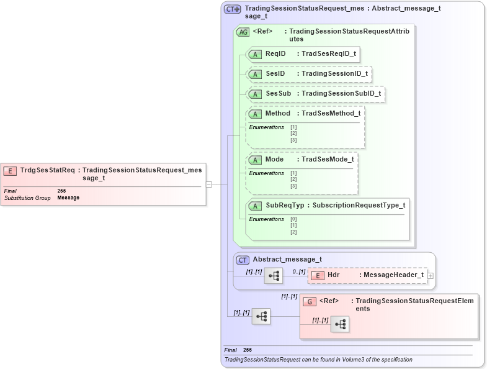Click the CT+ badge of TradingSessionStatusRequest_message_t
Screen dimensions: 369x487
click(233, 9)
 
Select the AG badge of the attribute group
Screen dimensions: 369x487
click(243, 32)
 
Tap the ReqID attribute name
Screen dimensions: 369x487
click(275, 54)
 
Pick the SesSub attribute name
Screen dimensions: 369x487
click(278, 94)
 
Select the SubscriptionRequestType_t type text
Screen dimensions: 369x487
click(359, 205)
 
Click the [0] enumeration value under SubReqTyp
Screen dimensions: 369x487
click(293, 219)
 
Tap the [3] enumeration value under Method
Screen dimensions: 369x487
click(293, 140)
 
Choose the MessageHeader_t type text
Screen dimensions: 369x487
click(394, 275)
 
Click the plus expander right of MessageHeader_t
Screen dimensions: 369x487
click(431, 275)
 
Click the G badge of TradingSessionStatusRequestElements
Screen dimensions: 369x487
click(309, 301)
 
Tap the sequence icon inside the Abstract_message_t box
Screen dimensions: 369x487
click(273, 275)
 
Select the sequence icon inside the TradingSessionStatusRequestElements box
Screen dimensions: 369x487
click(339, 324)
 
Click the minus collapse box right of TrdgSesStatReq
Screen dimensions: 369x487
click(209, 184)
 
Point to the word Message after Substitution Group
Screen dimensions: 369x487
click(68, 198)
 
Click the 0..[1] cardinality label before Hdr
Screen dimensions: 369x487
click(298, 271)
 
